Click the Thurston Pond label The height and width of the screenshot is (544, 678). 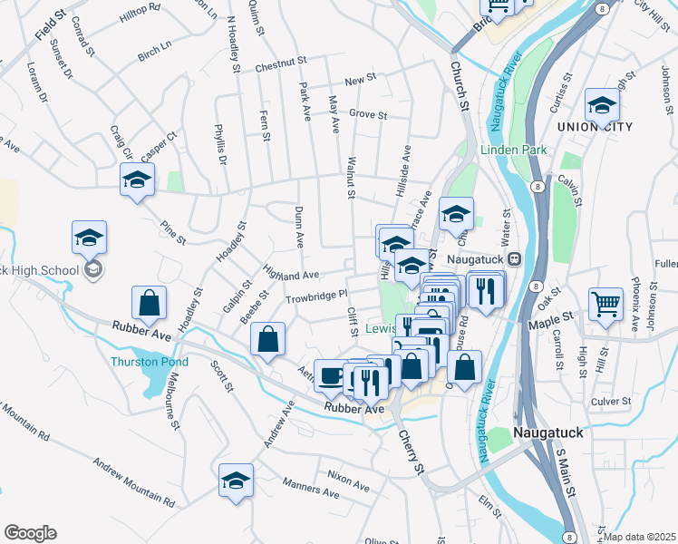pyautogui.click(x=150, y=362)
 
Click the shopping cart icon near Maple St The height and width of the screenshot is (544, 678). pyautogui.click(x=605, y=305)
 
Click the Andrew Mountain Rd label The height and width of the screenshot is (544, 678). pyautogui.click(x=132, y=481)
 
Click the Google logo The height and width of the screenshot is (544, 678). pyautogui.click(x=30, y=533)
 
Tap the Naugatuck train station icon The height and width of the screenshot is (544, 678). pyautogui.click(x=513, y=258)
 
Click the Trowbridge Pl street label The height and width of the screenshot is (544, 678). pyautogui.click(x=317, y=295)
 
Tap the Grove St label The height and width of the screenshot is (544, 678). pyautogui.click(x=368, y=115)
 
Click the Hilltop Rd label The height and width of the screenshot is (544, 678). pyautogui.click(x=140, y=18)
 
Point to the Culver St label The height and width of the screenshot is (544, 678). pyautogui.click(x=609, y=399)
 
